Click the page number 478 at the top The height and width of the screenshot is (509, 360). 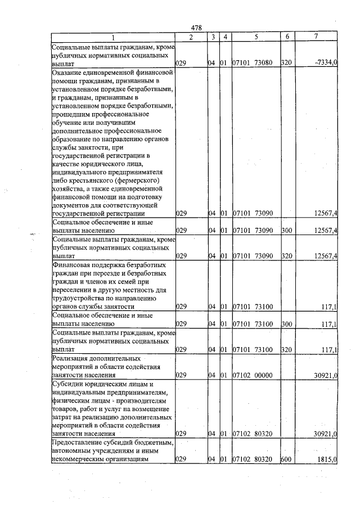196,28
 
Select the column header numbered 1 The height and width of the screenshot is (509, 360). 112,37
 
